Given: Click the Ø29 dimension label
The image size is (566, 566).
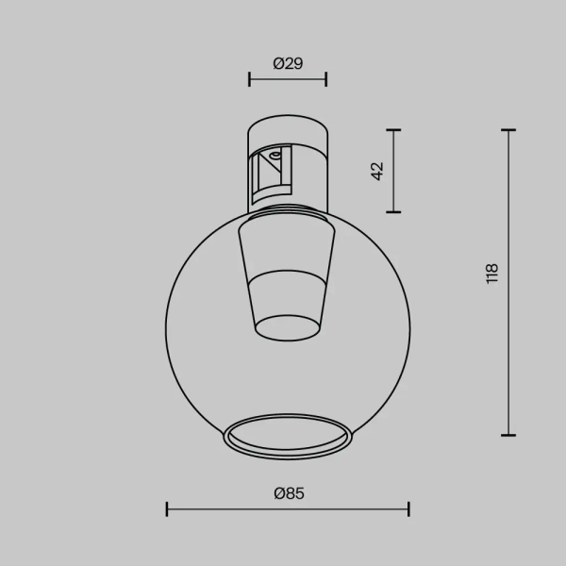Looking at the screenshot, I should (x=287, y=63).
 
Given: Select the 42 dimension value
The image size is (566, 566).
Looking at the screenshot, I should (x=377, y=171).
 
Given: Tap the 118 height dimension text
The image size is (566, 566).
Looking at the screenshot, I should (x=491, y=275).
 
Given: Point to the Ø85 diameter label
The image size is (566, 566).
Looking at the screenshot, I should (x=288, y=492).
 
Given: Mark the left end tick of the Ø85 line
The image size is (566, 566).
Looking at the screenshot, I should (x=167, y=509).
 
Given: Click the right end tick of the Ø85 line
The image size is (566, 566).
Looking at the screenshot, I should (x=408, y=509).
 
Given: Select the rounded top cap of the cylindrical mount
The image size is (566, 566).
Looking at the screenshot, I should (x=288, y=126).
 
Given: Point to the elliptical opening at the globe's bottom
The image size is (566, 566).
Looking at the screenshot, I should (x=288, y=436).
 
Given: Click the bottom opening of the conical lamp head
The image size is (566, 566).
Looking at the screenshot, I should (x=288, y=326).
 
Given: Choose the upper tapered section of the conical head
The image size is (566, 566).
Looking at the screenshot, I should (x=288, y=245).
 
